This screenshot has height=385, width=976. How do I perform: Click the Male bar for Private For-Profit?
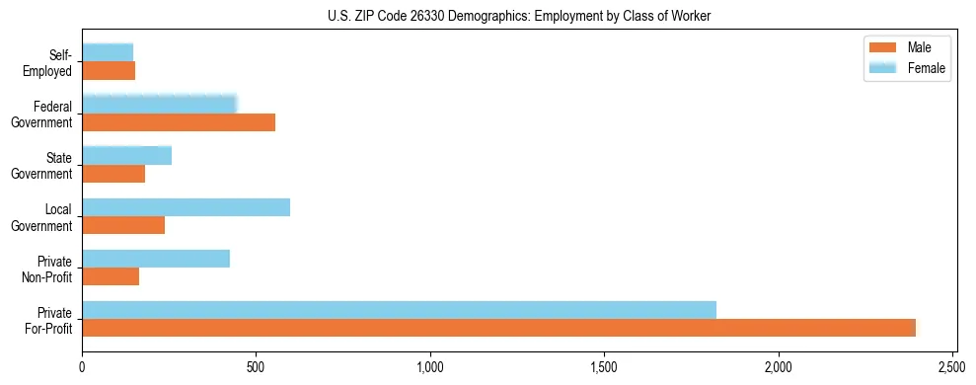[498, 328]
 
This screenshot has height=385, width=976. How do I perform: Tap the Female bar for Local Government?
[186, 207]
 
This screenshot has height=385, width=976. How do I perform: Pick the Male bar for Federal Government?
[179, 122]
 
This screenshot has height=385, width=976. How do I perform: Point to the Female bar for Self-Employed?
[108, 52]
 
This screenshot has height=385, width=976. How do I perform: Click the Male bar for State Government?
[113, 174]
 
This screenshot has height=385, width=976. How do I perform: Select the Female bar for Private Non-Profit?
[156, 259]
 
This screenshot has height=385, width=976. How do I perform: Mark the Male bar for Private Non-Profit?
[111, 276]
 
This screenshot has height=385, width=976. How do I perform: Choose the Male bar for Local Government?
[123, 225]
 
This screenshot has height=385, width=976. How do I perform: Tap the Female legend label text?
[927, 68]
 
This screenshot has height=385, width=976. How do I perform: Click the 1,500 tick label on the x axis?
[605, 367]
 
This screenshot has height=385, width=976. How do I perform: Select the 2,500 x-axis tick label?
[952, 367]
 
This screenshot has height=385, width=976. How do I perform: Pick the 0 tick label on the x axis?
[83, 367]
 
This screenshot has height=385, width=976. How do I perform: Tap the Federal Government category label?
[45, 114]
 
